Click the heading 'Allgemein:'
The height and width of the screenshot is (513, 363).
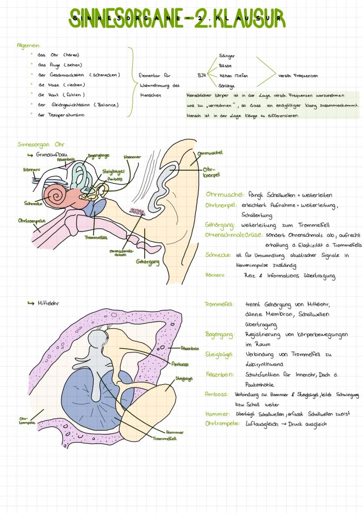28,45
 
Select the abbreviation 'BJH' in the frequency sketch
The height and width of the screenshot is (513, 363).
201,75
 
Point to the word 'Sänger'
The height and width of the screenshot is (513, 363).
227,56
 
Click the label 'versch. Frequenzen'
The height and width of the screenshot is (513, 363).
298,75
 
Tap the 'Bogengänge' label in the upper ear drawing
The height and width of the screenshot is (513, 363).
98,156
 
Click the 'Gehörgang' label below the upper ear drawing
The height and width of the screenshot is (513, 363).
147,262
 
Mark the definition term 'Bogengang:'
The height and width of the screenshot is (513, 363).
220,334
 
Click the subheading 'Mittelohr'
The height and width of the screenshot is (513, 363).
48,303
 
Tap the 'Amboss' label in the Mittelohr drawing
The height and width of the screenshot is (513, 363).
180,364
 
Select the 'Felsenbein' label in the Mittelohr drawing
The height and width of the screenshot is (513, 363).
190,348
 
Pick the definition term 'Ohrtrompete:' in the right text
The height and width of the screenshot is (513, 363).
223,424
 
